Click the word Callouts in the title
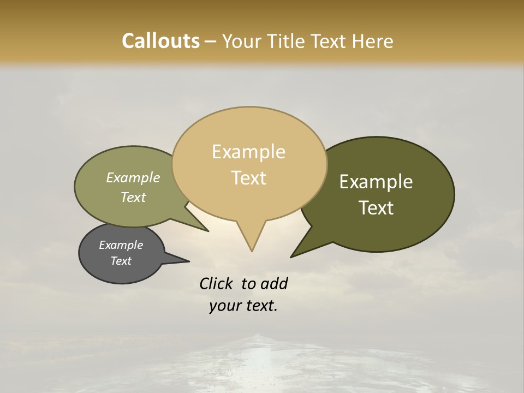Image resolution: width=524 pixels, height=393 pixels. point(160,41)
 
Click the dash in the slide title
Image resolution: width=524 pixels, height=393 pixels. point(211,41)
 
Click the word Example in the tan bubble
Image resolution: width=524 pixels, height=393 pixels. point(248,152)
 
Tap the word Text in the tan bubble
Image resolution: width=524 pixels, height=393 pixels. point(248,178)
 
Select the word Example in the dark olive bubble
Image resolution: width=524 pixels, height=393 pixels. point(376,182)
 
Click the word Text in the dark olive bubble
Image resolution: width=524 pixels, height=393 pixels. point(376,208)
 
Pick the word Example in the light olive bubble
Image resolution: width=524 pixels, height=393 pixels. point(133,178)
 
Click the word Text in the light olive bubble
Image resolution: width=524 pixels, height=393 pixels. point(133,198)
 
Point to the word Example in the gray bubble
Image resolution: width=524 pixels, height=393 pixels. point(121,245)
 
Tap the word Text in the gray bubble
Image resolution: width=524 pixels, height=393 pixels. point(121,261)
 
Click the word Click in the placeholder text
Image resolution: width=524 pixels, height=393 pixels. point(216,283)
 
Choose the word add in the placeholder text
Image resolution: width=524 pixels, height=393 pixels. point(273,283)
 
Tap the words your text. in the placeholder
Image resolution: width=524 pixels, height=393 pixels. point(243,306)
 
